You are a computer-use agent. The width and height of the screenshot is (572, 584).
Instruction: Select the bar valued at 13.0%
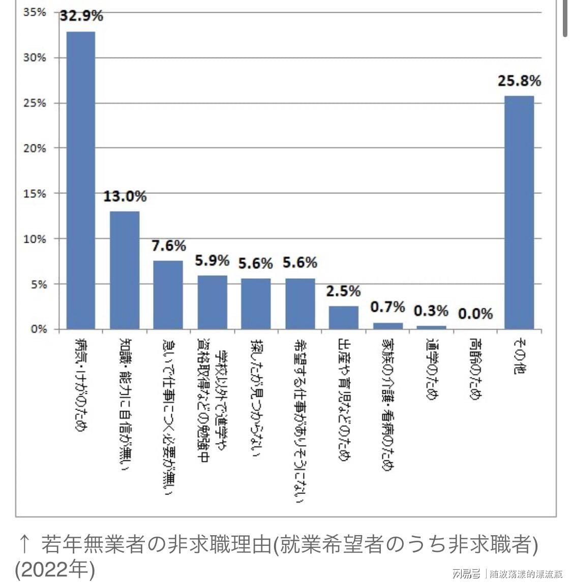point(125,270)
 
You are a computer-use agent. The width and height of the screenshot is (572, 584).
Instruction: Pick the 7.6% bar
point(168,295)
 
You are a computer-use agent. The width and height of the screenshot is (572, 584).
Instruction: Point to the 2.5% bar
point(344,317)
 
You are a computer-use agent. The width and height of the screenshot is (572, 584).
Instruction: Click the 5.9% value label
point(212,260)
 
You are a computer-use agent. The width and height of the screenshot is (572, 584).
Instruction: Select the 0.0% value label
point(475,313)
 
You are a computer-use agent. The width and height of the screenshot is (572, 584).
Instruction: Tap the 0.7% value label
point(387,307)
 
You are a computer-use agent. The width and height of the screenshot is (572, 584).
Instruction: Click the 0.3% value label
point(431,310)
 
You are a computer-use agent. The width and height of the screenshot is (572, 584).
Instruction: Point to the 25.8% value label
point(519,80)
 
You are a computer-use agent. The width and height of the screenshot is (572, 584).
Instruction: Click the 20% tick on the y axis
point(35,148)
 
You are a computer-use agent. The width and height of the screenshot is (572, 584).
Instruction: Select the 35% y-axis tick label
point(35,12)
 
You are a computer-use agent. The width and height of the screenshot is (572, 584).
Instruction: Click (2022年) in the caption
point(55,569)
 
